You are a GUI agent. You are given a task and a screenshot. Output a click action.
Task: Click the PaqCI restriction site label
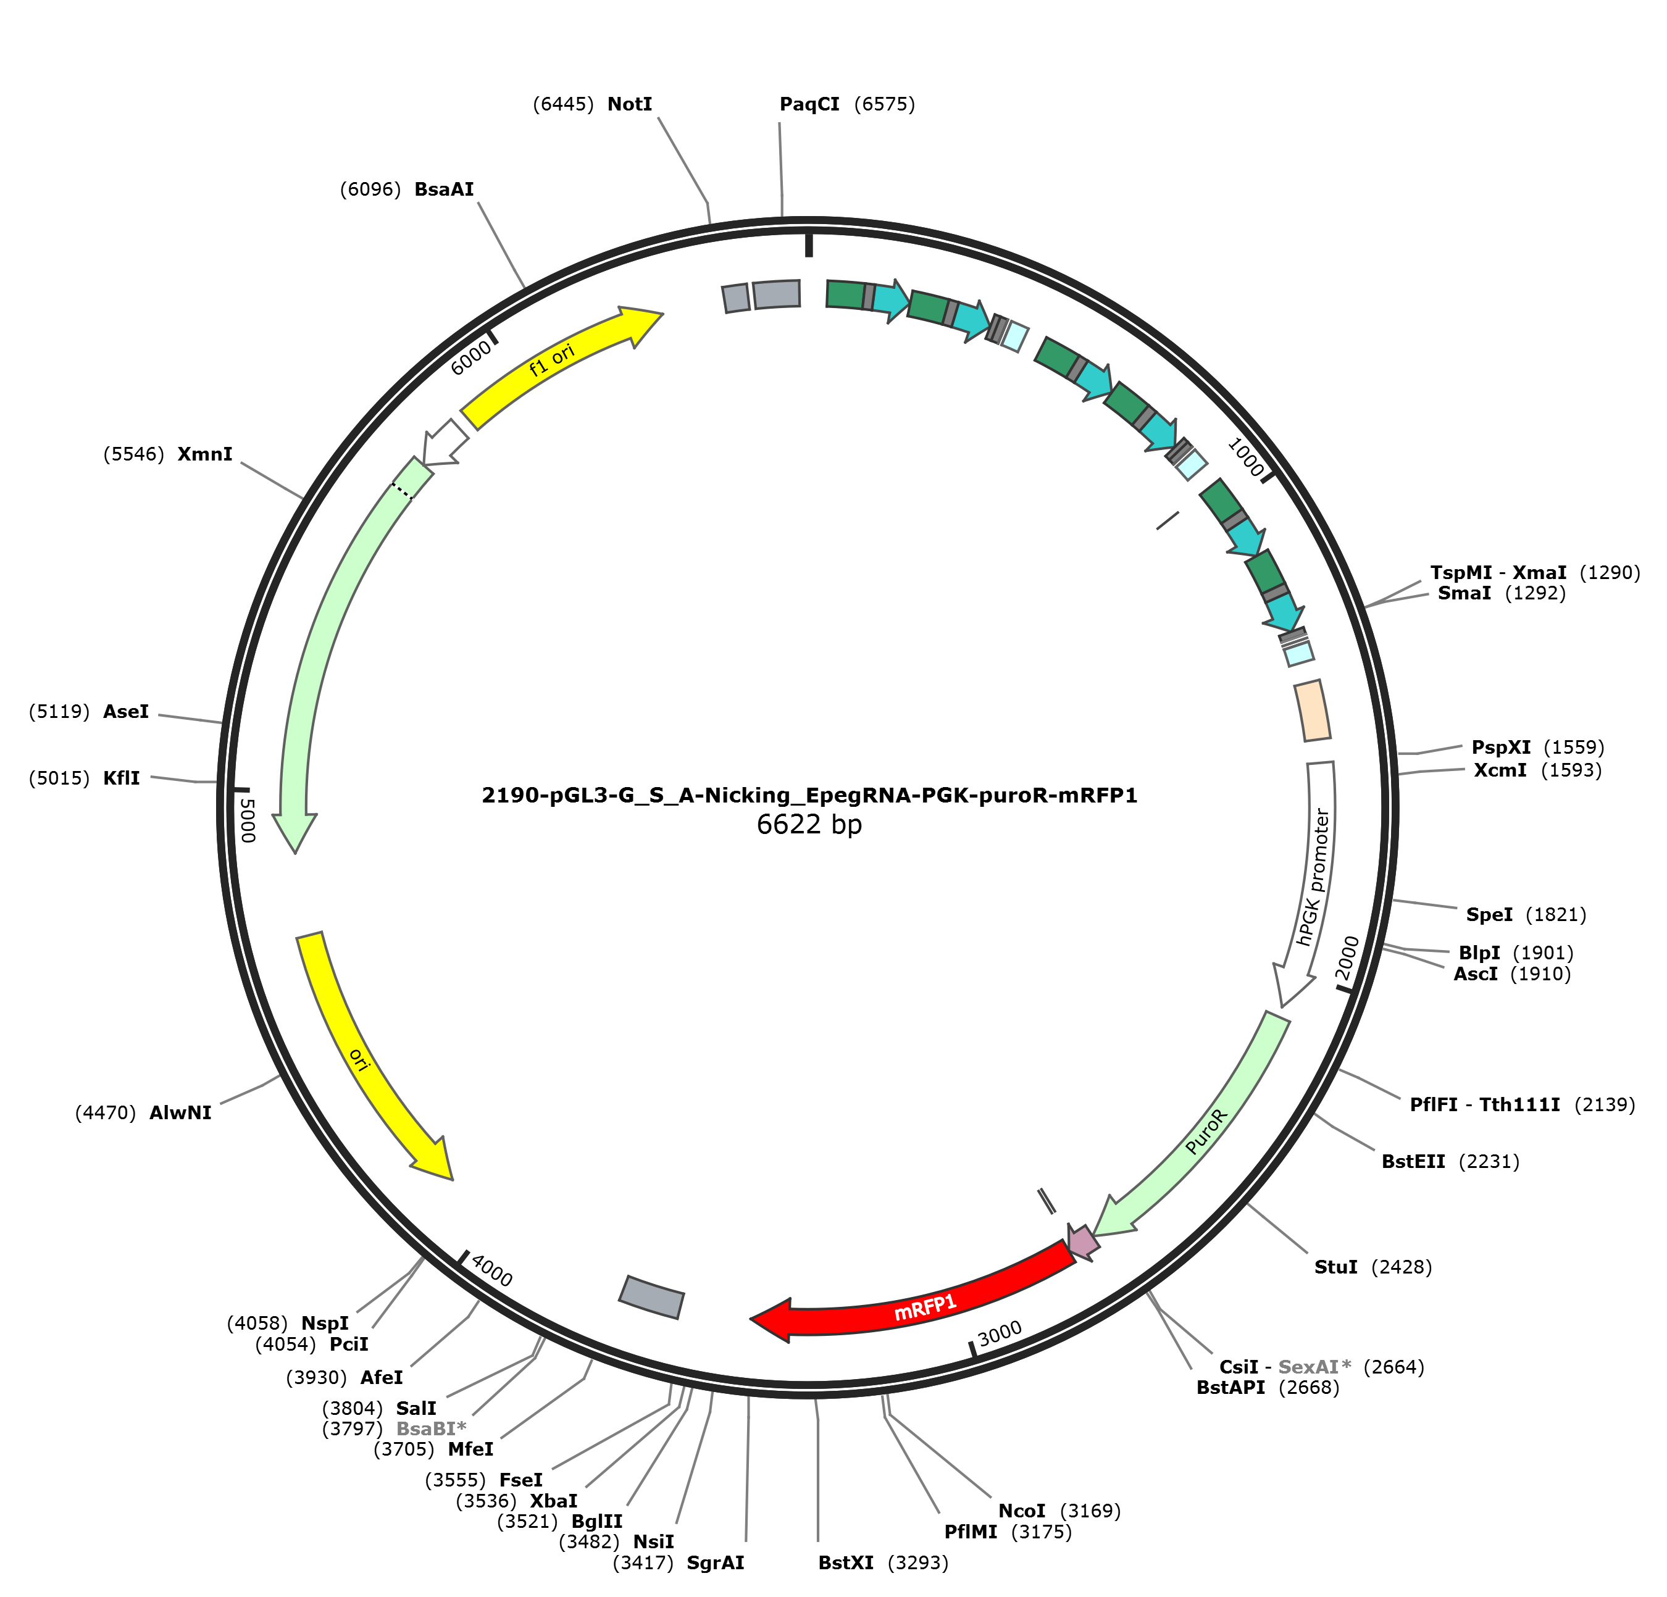tap(809, 104)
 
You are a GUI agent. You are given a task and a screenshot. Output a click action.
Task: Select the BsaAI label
tap(444, 189)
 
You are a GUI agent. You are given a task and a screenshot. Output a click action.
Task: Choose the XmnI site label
tap(205, 454)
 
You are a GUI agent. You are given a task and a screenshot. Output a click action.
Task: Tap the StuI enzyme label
tap(1336, 1267)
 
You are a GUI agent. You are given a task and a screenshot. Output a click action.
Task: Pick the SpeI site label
tap(1489, 914)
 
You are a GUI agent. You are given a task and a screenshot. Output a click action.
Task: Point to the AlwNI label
tap(180, 1112)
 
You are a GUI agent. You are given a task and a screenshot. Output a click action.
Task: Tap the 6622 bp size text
tap(809, 824)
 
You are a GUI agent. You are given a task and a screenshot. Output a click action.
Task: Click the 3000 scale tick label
tap(1000, 1334)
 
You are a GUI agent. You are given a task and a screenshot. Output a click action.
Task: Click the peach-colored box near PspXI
tap(1313, 710)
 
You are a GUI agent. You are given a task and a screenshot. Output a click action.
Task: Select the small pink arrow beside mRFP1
tap(1084, 1243)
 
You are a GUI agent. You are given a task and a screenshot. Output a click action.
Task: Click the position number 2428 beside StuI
tap(1402, 1267)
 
